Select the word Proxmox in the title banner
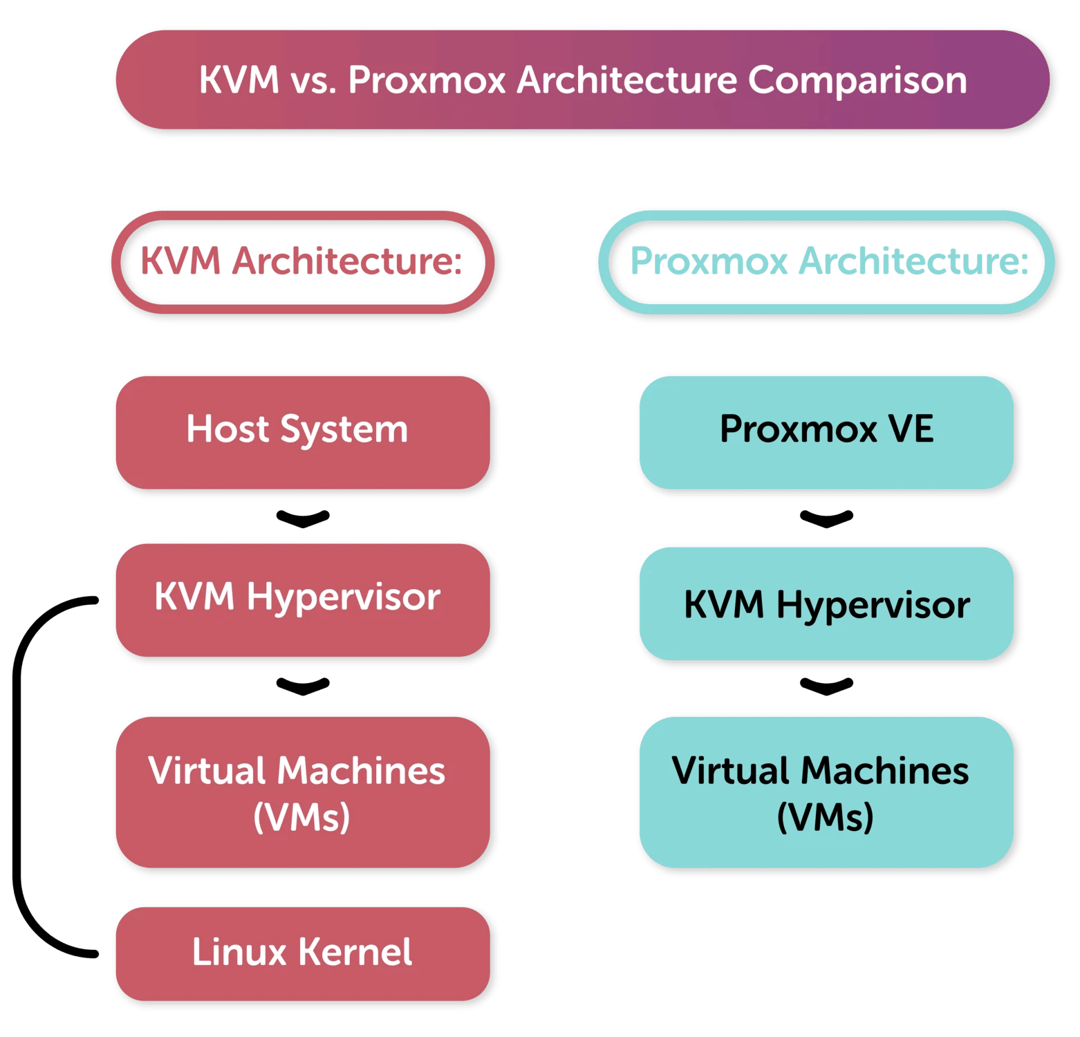click(x=427, y=80)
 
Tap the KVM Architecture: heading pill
click(x=303, y=262)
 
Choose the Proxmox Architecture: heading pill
click(x=826, y=262)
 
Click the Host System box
click(x=303, y=432)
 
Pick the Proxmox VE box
click(x=826, y=432)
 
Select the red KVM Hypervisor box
click(x=303, y=599)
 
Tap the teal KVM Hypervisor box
click(x=826, y=603)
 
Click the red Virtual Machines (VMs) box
click(x=303, y=792)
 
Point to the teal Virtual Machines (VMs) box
click(x=826, y=792)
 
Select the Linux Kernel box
click(x=303, y=953)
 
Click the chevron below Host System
click(x=303, y=520)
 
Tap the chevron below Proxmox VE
click(x=826, y=520)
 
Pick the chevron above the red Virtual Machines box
click(x=303, y=687)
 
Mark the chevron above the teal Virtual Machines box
click(x=826, y=687)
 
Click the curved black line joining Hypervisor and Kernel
click(x=17, y=777)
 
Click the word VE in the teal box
click(x=911, y=429)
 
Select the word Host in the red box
click(x=227, y=429)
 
